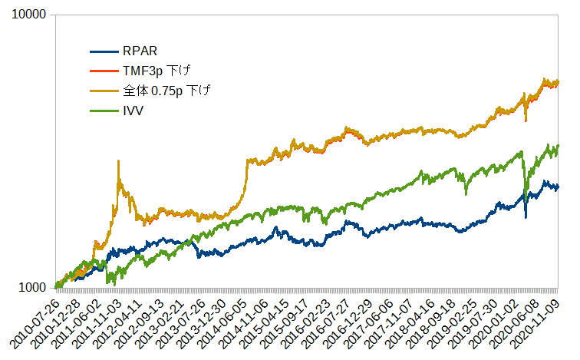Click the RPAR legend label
point(140,52)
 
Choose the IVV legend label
point(133,111)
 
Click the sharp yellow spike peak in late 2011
point(117,161)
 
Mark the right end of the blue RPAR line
point(558,187)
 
